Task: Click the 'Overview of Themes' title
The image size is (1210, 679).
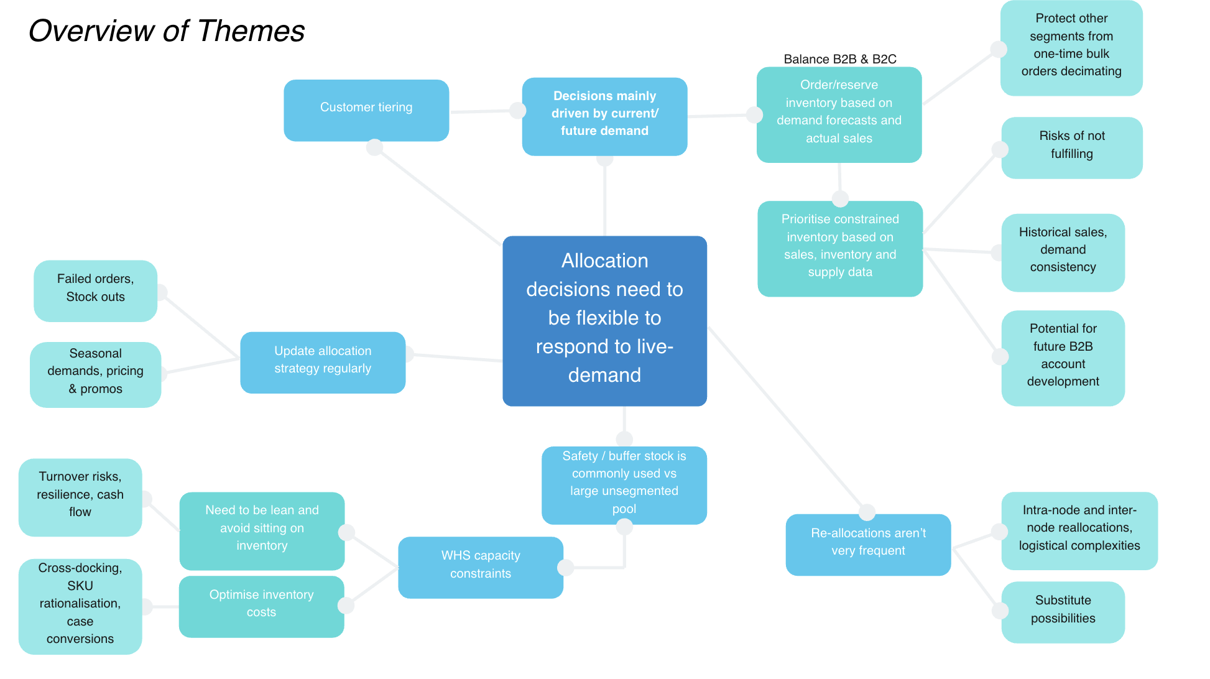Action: [167, 31]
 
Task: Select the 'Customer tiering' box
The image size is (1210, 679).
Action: [366, 110]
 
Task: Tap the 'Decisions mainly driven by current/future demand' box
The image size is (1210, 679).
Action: [604, 116]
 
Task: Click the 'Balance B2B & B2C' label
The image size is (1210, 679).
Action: [839, 59]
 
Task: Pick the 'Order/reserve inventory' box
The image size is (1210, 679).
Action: [839, 114]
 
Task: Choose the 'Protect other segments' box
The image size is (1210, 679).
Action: [1071, 48]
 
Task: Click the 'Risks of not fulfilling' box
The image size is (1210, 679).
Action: [1071, 147]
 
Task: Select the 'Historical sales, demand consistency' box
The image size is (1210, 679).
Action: [1063, 252]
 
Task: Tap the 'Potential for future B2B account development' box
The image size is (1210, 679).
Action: [1063, 358]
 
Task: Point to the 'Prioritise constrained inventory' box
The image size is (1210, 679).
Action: [839, 248]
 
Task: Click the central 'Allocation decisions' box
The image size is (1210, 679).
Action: [604, 321]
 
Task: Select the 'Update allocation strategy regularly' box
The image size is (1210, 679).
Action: [323, 362]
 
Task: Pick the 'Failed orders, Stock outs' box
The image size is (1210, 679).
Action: [95, 290]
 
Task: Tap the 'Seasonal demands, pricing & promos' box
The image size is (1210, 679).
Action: [95, 374]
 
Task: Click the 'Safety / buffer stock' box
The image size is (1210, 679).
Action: [624, 485]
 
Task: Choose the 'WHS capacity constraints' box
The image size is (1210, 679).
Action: [480, 567]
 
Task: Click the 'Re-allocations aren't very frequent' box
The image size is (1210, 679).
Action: [868, 544]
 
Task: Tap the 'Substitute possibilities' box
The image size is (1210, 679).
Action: [1063, 612]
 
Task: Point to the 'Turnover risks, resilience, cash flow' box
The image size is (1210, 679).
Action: [80, 497]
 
